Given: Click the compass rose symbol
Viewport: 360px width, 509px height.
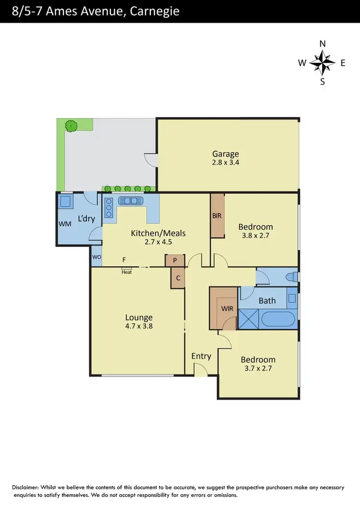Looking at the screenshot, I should [x=322, y=62].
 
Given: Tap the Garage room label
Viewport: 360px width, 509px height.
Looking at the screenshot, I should [x=226, y=154].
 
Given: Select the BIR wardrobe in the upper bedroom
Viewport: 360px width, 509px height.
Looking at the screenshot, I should [x=217, y=215].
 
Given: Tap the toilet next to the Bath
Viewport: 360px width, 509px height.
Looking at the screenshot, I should [x=291, y=277].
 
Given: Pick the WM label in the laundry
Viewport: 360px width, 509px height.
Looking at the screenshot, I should [x=64, y=224].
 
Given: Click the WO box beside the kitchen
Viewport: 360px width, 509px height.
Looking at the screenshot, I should [x=96, y=257].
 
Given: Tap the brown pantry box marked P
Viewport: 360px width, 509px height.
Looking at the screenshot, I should [x=175, y=261].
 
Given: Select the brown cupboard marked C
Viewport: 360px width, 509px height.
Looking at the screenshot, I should [x=178, y=278].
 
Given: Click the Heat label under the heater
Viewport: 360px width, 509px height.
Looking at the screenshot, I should [x=127, y=272].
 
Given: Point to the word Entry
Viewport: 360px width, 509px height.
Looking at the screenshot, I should [x=201, y=356].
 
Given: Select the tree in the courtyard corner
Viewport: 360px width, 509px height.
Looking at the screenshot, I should [x=72, y=126].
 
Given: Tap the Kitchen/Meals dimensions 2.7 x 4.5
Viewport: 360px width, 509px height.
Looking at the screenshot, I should [x=158, y=242].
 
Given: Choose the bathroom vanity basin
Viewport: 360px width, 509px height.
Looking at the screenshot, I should [x=292, y=298].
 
